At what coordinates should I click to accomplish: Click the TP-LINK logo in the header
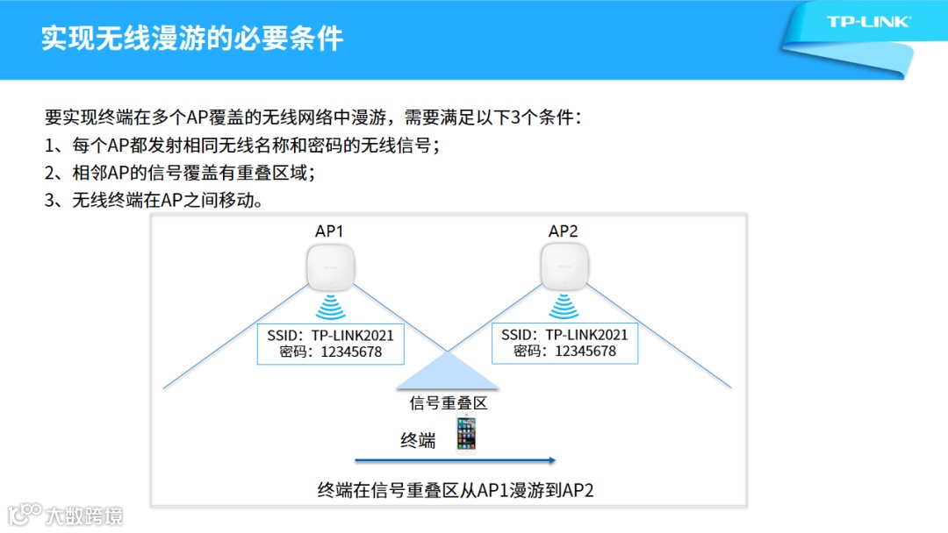point(868,22)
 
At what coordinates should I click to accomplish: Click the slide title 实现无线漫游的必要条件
point(192,39)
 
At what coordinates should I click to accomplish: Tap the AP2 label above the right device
point(564,231)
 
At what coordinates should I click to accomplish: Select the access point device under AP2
point(564,267)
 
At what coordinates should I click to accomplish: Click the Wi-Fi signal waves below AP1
point(331,308)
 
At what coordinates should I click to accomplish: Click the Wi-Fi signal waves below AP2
point(564,308)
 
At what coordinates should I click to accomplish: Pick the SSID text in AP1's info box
point(331,335)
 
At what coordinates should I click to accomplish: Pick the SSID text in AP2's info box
point(564,335)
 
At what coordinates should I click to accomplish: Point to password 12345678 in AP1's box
point(331,352)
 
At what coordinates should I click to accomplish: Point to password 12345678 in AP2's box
point(564,352)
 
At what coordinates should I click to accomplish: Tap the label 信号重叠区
point(449,403)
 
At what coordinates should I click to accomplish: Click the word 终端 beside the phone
point(418,441)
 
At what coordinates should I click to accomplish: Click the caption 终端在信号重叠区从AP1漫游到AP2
point(456,490)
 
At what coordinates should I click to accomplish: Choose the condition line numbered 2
point(180,173)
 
